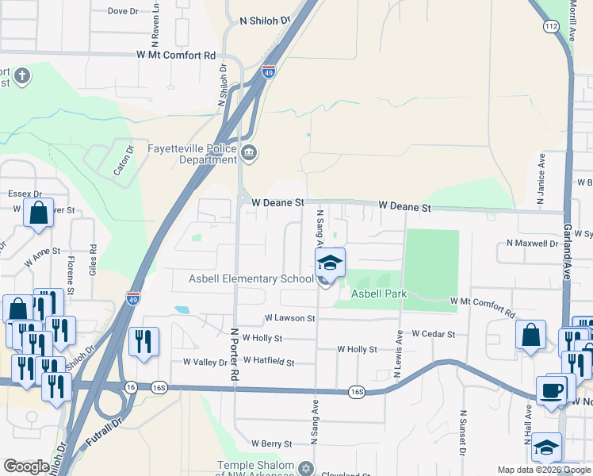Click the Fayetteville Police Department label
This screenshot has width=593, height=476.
tap(193, 154)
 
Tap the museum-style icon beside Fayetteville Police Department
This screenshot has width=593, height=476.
tap(249, 153)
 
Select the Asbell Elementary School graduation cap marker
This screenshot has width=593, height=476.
tap(330, 263)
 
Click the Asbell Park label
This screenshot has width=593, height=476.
tap(379, 294)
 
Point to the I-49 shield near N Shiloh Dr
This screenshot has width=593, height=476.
tap(270, 71)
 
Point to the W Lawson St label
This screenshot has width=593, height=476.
tap(289, 318)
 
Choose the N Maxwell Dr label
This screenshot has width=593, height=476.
tap(533, 244)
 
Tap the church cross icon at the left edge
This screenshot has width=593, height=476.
tap(22, 77)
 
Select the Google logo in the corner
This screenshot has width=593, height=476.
tap(26, 466)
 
